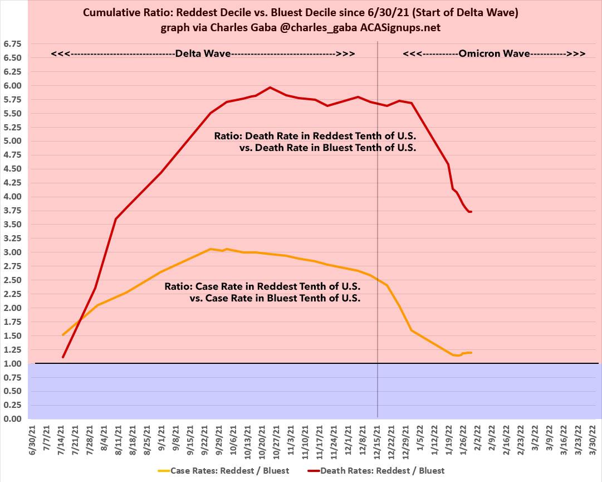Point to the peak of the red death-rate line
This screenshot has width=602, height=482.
pyautogui.click(x=270, y=87)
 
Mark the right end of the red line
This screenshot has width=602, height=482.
pyautogui.click(x=471, y=212)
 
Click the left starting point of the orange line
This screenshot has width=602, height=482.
pyautogui.click(x=63, y=335)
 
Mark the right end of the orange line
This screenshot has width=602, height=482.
pyautogui.click(x=471, y=353)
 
